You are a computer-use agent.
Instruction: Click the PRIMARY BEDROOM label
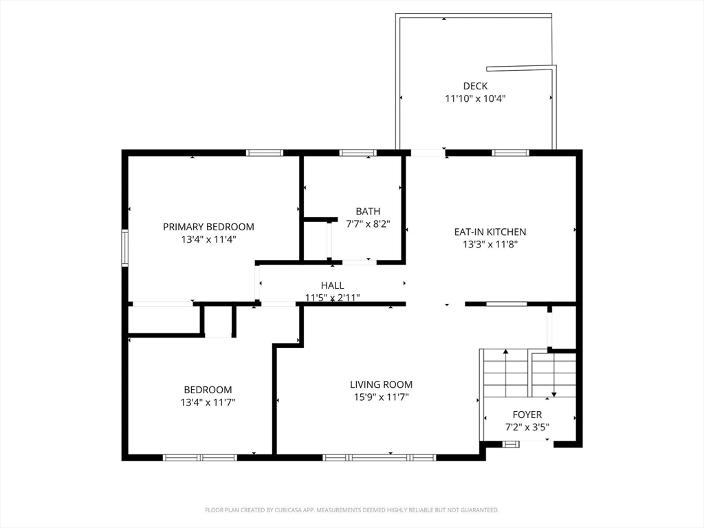(208, 227)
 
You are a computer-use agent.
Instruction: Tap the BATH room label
(368, 211)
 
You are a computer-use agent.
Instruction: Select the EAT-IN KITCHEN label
(489, 232)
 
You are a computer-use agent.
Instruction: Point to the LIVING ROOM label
(381, 384)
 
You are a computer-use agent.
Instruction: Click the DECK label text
(475, 86)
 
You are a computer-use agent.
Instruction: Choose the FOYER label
(527, 415)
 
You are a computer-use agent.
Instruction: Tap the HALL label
(332, 285)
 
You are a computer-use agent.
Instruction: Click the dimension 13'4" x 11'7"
(208, 402)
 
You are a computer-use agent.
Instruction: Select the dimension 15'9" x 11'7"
(381, 397)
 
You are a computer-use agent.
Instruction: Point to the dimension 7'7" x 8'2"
(368, 223)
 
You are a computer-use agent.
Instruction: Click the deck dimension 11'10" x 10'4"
(475, 98)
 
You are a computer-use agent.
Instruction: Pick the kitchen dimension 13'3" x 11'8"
(490, 244)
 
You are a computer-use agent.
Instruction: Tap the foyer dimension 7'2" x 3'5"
(527, 427)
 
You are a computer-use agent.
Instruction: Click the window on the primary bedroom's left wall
(125, 247)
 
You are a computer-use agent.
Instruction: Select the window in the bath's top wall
(357, 153)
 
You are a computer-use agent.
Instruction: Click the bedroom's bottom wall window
(199, 457)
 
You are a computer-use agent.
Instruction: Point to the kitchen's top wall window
(510, 153)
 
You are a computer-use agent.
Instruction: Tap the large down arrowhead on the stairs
(554, 394)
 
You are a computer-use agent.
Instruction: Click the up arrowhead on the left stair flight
(506, 352)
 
